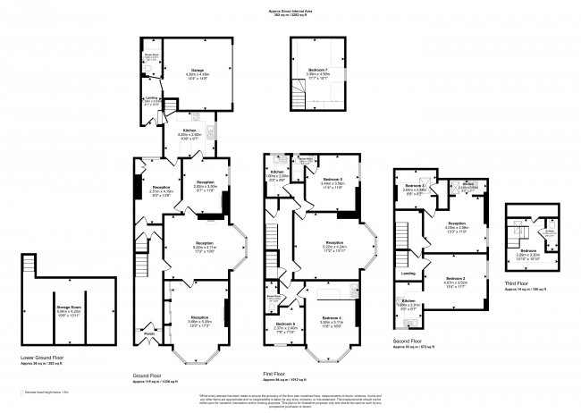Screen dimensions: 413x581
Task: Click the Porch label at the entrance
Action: tap(148, 333)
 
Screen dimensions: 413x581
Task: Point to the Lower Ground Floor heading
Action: tap(46, 357)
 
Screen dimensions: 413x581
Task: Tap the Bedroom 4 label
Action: tap(332, 319)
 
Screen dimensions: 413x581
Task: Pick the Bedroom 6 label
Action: tap(285, 323)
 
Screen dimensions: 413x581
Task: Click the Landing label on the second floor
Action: tap(408, 273)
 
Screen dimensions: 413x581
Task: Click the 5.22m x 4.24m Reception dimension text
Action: tap(334, 248)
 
